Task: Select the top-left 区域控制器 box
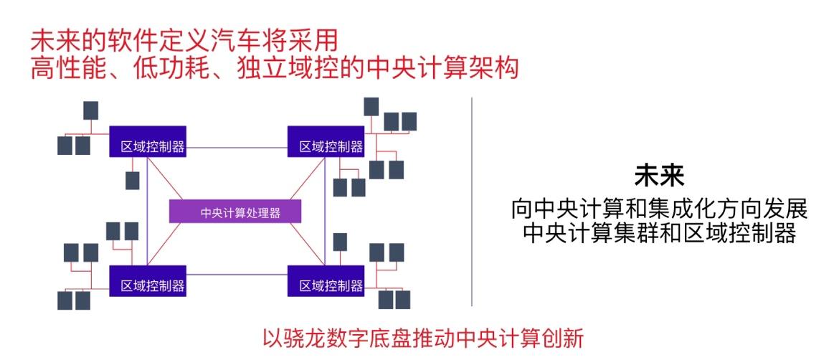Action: (x=148, y=142)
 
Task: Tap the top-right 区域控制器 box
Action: (x=326, y=142)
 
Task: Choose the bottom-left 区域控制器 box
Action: (x=148, y=281)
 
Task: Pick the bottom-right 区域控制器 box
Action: (x=326, y=281)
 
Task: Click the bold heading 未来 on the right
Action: (x=659, y=176)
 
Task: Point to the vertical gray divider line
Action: (x=472, y=201)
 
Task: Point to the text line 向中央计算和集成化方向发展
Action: (x=659, y=209)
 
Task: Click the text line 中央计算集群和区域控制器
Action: (x=659, y=234)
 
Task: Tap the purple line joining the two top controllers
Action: (x=237, y=148)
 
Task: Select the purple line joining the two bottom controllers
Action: (x=237, y=274)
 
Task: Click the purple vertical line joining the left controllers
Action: (x=147, y=212)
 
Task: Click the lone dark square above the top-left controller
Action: (x=91, y=110)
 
